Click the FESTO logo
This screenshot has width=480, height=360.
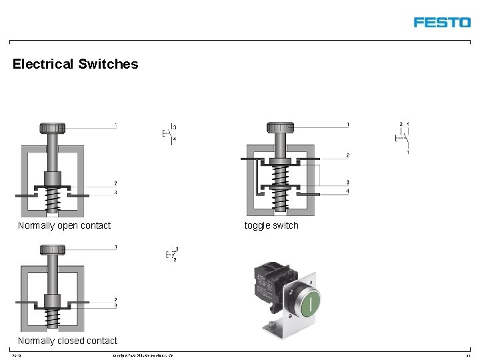click(441, 22)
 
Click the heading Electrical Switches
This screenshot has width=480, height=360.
click(75, 65)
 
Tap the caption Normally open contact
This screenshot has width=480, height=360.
click(64, 225)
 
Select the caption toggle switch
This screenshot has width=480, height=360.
click(271, 225)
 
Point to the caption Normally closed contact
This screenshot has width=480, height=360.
click(67, 341)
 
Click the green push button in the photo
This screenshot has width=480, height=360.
click(310, 304)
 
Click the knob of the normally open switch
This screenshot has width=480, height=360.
click(52, 128)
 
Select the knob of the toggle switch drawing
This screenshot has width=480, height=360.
click(280, 127)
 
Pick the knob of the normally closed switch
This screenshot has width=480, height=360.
click(52, 250)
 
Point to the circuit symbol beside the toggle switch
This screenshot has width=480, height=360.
click(402, 137)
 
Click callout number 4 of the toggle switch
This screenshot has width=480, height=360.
click(348, 192)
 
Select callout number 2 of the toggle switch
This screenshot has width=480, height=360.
click(348, 155)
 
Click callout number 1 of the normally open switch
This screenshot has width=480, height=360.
click(115, 125)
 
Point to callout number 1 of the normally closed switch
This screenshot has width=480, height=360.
click(115, 247)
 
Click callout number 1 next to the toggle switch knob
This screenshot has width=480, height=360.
click(348, 125)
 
